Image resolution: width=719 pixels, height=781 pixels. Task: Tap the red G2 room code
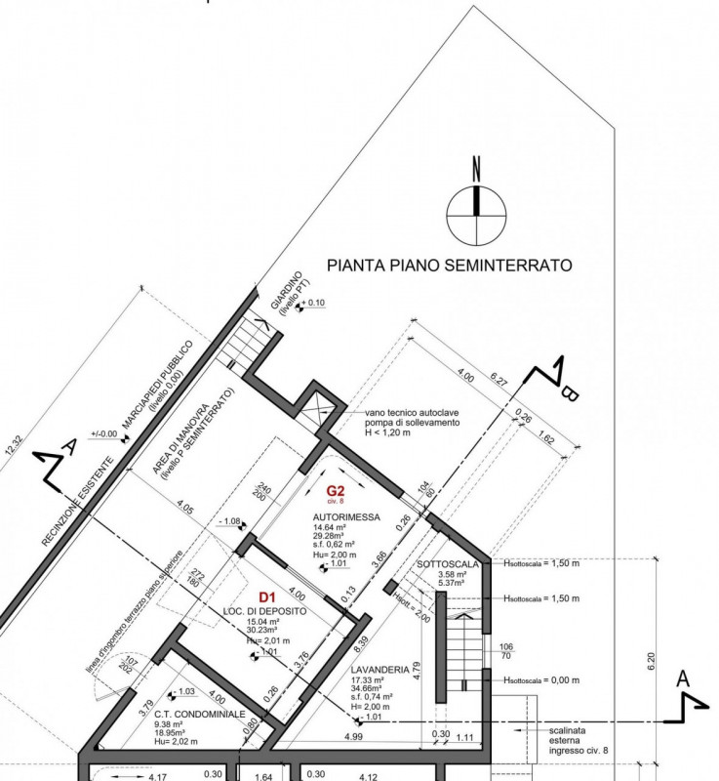tap(336, 491)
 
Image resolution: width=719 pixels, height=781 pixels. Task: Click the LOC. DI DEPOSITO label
tap(265, 611)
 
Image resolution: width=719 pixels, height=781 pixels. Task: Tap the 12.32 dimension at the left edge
tap(12, 452)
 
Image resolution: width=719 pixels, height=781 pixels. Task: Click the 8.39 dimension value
tap(361, 640)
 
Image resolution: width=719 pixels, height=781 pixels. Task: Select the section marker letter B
tap(572, 393)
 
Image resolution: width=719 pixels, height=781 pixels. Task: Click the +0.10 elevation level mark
tap(314, 304)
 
